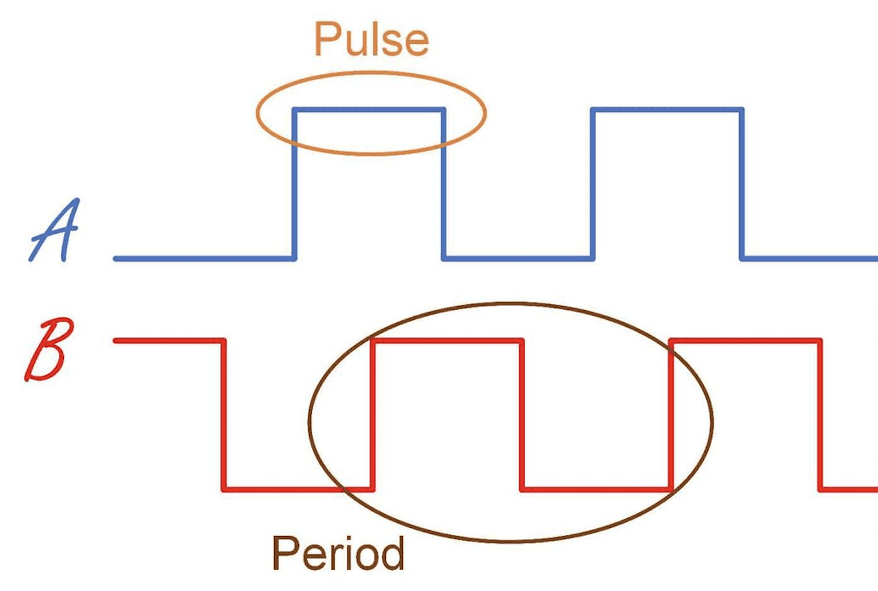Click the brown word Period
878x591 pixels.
point(338,554)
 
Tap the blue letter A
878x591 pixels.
point(54,230)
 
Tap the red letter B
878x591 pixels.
point(48,350)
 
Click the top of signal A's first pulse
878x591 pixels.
point(369,109)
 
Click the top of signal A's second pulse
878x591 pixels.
point(668,109)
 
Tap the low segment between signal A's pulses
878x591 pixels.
point(518,258)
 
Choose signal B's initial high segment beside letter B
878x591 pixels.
point(169,340)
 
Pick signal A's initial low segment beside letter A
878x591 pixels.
point(204,258)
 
